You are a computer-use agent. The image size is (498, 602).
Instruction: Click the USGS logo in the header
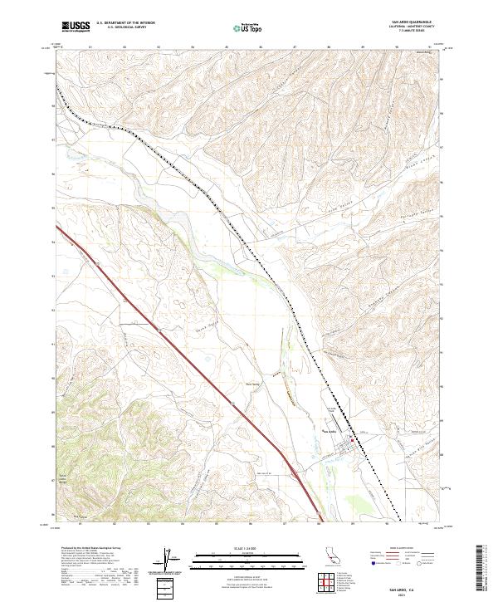click(x=76, y=27)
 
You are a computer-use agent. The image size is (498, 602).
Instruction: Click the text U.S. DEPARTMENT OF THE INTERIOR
click(x=125, y=23)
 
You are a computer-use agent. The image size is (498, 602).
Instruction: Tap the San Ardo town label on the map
click(x=329, y=431)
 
